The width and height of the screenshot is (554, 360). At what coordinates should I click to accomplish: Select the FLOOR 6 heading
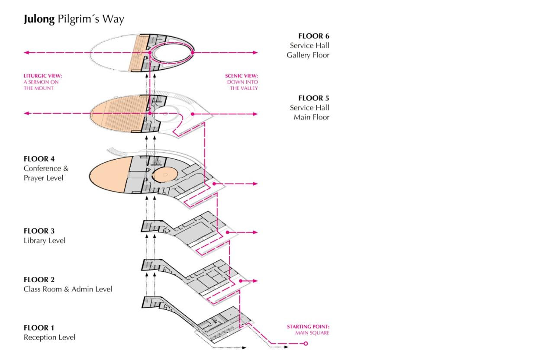pyautogui.click(x=314, y=36)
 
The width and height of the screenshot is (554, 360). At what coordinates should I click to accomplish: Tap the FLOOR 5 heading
pyautogui.click(x=314, y=98)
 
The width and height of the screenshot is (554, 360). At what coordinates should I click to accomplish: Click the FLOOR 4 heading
pyautogui.click(x=39, y=159)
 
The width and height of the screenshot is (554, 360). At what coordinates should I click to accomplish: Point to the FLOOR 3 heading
pyautogui.click(x=39, y=231)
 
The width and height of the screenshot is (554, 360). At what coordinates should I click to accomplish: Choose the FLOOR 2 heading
pyautogui.click(x=39, y=280)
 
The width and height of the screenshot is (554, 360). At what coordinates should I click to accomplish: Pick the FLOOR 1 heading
pyautogui.click(x=39, y=328)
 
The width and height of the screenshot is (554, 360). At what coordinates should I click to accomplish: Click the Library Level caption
pyautogui.click(x=45, y=241)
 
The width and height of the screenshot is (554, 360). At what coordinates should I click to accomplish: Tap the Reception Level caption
pyautogui.click(x=49, y=337)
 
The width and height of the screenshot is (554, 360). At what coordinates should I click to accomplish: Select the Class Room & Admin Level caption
pyautogui.click(x=68, y=289)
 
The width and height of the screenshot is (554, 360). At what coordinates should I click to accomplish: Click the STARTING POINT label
pyautogui.click(x=309, y=327)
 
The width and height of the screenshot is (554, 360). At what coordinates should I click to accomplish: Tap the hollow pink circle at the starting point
pyautogui.click(x=306, y=344)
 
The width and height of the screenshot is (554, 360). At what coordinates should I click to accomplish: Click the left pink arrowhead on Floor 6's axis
pyautogui.click(x=26, y=53)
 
